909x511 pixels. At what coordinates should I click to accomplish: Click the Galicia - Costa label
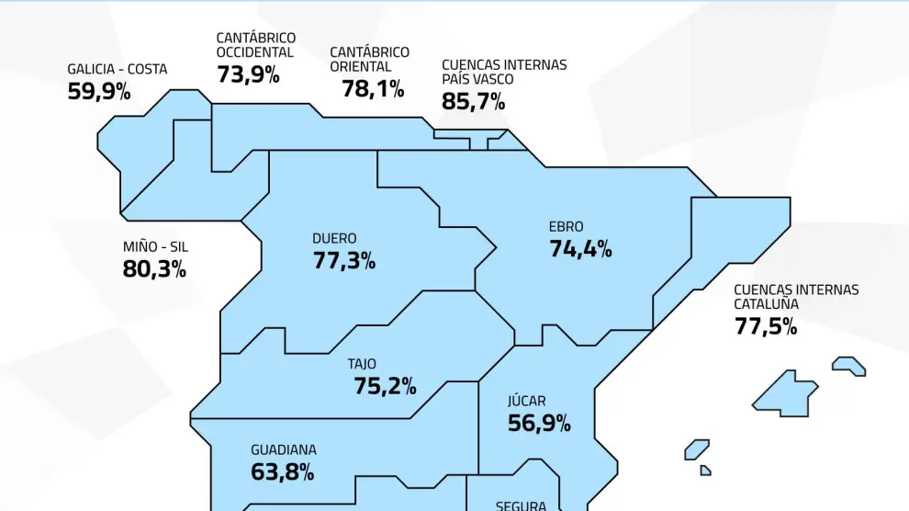118,70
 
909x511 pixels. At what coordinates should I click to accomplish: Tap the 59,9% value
99,91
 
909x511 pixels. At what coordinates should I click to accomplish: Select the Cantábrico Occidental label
256,45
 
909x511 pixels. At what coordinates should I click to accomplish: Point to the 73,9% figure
248,74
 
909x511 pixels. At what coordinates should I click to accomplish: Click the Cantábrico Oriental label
370,59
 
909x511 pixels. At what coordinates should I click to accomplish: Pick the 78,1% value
373,88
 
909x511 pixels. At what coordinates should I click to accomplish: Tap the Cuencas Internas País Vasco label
504,72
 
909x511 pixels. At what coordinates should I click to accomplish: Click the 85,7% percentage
474,100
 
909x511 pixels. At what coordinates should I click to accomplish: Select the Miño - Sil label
155,246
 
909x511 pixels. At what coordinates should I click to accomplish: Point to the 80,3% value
154,268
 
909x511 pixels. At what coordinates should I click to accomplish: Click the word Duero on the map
334,239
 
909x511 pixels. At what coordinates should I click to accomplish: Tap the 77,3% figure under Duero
344,260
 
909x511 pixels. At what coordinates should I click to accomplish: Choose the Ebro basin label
566,227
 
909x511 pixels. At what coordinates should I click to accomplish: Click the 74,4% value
580,248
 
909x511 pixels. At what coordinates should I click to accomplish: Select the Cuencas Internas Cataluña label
796,296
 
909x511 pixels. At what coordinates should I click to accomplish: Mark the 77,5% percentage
766,325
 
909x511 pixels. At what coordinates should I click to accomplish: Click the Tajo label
362,364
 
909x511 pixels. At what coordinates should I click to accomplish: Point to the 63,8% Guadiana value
283,471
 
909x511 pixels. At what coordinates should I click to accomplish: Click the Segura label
521,505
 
